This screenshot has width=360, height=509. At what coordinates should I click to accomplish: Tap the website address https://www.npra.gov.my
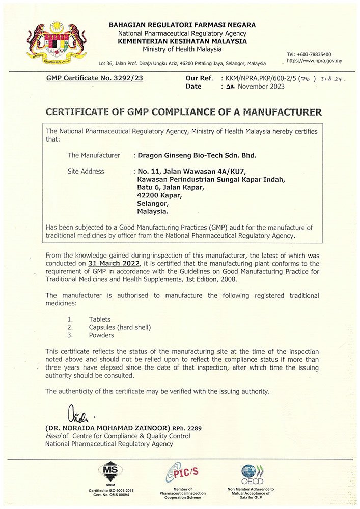[x=314, y=61]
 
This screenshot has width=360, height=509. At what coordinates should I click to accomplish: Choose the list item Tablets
[x=99, y=319]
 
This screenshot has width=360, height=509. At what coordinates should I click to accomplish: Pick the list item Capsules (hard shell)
[x=120, y=327]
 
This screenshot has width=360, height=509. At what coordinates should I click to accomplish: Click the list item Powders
[x=101, y=335]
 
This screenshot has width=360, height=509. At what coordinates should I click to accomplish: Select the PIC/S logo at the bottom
[x=182, y=473]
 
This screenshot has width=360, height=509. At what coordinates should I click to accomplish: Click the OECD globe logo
[x=252, y=473]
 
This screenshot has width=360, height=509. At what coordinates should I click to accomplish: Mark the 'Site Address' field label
[x=86, y=172]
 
